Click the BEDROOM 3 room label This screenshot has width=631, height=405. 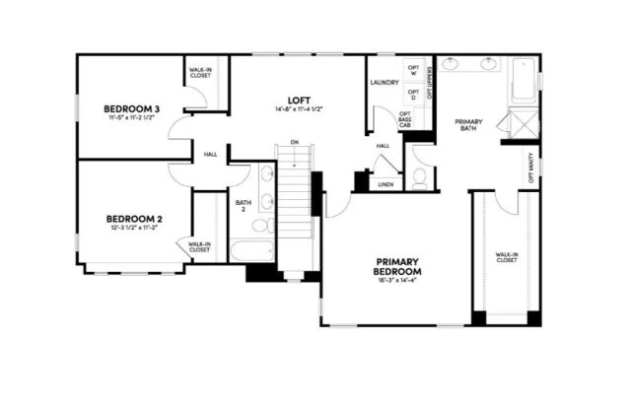(x=132, y=108)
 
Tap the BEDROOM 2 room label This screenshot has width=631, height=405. (x=134, y=218)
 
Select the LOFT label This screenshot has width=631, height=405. (x=300, y=100)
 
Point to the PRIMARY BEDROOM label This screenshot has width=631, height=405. (x=398, y=266)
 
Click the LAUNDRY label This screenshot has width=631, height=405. (x=384, y=82)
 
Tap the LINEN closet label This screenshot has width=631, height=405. (x=386, y=184)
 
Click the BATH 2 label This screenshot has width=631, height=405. (x=243, y=208)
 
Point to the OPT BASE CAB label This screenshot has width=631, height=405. (x=404, y=119)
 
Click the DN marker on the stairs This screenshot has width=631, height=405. (x=294, y=143)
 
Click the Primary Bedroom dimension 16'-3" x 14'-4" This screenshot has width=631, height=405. (x=398, y=282)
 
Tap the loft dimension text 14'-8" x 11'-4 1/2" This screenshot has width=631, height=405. (x=300, y=109)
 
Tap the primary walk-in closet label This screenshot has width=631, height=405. (x=507, y=258)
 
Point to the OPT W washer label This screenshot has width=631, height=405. (x=413, y=70)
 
